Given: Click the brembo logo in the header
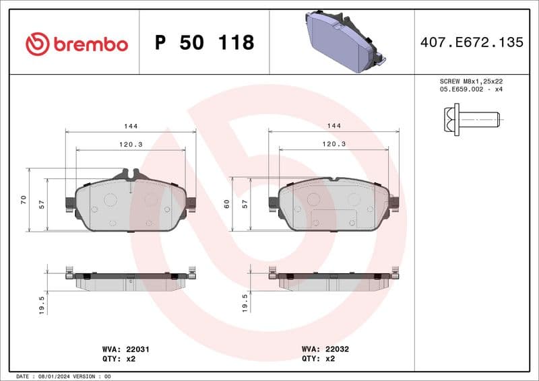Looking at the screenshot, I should point(76,44).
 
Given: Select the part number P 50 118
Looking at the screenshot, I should point(204,43).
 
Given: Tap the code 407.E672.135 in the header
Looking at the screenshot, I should point(471,42).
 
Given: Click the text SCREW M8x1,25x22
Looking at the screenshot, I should point(471,81).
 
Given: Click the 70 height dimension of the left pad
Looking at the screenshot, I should point(23,199).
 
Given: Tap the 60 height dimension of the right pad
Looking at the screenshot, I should point(227,203).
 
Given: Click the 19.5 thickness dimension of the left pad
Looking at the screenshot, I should point(42,304).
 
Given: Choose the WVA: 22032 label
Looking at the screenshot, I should point(325,349).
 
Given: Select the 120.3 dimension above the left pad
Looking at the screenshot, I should point(130,144).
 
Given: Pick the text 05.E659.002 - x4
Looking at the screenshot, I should point(471,89).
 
